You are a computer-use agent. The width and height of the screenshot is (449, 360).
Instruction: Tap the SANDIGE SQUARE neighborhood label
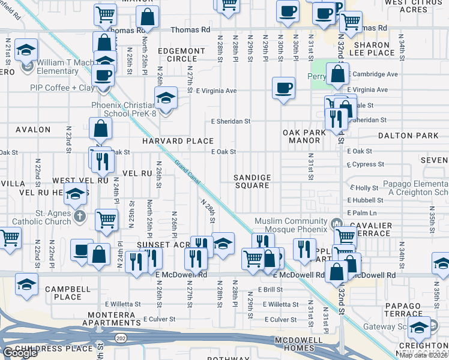click(252, 182)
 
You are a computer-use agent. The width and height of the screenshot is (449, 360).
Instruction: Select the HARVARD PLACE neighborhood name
click(178, 141)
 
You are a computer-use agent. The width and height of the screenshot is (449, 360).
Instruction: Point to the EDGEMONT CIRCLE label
click(177, 55)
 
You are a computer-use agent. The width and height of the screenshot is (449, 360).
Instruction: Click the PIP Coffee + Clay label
click(62, 88)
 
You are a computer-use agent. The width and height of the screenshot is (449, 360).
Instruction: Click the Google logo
click(19, 353)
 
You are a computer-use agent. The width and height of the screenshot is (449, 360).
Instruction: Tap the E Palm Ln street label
click(361, 213)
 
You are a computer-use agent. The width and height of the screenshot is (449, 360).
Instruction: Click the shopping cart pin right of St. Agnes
click(106, 220)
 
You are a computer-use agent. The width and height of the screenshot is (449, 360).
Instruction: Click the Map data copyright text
click(424, 355)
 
